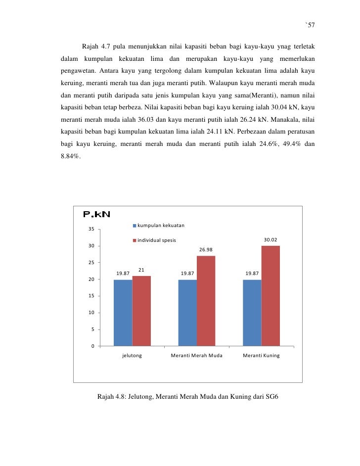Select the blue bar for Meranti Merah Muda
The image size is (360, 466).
pyautogui.click(x=187, y=313)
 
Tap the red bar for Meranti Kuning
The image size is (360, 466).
pyautogui.click(x=270, y=296)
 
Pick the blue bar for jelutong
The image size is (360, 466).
pyautogui.click(x=123, y=313)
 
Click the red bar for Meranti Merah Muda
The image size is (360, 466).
pyautogui.click(x=206, y=301)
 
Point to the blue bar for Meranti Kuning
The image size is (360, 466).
pyautogui.click(x=252, y=313)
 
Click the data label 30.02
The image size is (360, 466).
pyautogui.click(x=270, y=240)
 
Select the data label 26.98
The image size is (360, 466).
pyautogui.click(x=206, y=250)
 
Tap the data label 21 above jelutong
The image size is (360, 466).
pyautogui.click(x=141, y=270)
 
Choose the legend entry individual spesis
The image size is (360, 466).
pyautogui.click(x=156, y=240)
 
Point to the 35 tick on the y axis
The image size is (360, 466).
pyautogui.click(x=91, y=230)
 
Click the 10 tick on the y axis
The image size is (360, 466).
pyautogui.click(x=91, y=313)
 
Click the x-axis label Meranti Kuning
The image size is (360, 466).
pyautogui.click(x=261, y=356)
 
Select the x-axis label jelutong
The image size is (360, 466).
pyautogui.click(x=132, y=356)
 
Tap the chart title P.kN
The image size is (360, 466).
pyautogui.click(x=96, y=214)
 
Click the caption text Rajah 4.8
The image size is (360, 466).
pyautogui.click(x=113, y=397)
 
